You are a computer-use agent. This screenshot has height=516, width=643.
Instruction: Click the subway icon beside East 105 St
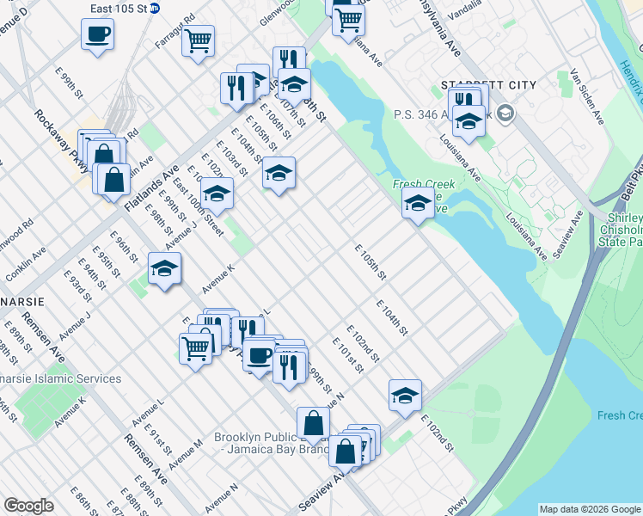[154, 9]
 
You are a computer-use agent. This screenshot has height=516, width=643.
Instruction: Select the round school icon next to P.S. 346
[505, 112]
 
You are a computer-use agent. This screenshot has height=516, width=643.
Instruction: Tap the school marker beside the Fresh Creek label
[417, 204]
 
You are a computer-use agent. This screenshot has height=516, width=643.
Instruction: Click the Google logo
[28, 506]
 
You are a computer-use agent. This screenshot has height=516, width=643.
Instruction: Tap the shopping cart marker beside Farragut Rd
[199, 40]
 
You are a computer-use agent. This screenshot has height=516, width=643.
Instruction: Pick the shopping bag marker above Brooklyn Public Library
[313, 422]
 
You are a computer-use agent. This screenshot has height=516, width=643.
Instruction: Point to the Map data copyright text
[589, 509]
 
